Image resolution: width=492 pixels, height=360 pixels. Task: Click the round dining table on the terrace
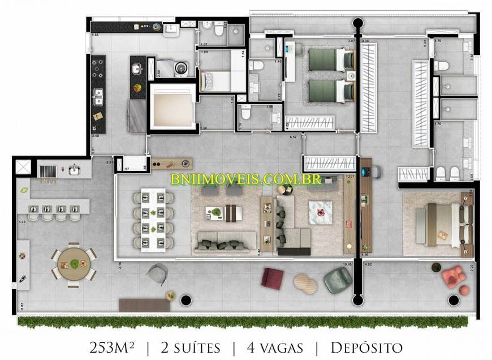pyautogui.click(x=74, y=264)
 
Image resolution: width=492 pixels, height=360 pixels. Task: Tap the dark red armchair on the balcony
pyautogui.click(x=273, y=278)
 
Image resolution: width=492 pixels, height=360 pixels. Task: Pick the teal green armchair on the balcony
pyautogui.click(x=338, y=280)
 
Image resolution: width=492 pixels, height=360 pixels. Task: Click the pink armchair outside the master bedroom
pyautogui.click(x=452, y=277)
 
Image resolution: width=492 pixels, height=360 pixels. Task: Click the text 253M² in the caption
pyautogui.click(x=113, y=347)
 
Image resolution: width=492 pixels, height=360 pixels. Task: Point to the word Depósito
pyautogui.click(x=366, y=347)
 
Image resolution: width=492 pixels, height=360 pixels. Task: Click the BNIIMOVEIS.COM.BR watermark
pyautogui.click(x=246, y=179)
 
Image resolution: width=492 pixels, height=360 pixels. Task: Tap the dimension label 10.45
pyautogui.click(x=347, y=264)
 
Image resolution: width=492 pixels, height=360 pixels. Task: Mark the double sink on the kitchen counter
pyautogui.click(x=98, y=97)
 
